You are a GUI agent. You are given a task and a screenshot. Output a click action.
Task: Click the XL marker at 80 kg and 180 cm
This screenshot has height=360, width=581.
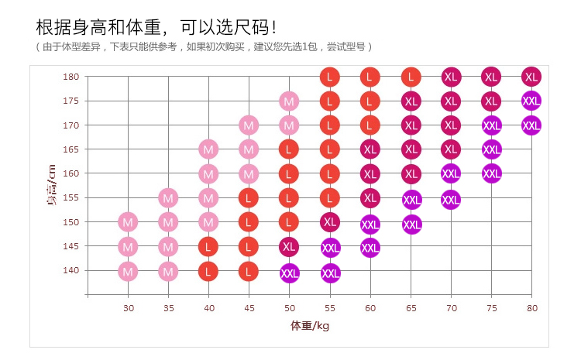point(531,77)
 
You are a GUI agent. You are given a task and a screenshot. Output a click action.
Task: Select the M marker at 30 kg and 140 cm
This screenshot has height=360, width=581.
point(129,271)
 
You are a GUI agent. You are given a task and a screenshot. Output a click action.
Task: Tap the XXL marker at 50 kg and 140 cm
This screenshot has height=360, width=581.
point(290,273)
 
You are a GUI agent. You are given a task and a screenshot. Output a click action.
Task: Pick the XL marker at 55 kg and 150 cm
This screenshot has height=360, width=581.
point(330,222)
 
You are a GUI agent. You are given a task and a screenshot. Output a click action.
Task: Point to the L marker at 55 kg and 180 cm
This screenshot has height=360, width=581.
point(330,77)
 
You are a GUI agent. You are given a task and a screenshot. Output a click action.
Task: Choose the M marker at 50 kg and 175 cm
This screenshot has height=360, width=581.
point(289,101)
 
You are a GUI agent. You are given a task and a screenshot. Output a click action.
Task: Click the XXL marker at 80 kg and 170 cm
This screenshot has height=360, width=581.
point(531,125)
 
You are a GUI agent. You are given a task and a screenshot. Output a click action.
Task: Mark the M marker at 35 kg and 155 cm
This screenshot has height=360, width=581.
point(169,198)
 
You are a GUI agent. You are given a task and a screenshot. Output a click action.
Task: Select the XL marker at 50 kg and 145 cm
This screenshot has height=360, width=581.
point(290,247)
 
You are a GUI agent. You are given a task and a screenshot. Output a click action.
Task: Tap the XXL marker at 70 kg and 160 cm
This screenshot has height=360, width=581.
point(451,173)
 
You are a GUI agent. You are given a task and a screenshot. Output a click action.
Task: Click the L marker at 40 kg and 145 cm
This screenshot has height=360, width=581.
point(208,247)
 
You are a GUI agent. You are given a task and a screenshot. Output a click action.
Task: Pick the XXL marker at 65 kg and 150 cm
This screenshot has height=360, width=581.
point(412,225)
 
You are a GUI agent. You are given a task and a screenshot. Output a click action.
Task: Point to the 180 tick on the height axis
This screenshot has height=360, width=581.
point(71,77)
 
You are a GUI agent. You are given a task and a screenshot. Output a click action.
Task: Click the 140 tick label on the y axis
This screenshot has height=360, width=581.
point(71,270)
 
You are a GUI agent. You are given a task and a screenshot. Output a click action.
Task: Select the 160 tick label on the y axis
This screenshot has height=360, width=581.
point(71,173)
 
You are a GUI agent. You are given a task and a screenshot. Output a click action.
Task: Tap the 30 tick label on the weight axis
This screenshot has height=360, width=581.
point(129,308)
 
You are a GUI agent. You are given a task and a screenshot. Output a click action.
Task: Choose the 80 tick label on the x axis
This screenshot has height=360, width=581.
point(531,308)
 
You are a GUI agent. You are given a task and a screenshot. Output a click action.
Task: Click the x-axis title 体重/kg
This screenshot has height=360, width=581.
point(310,325)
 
